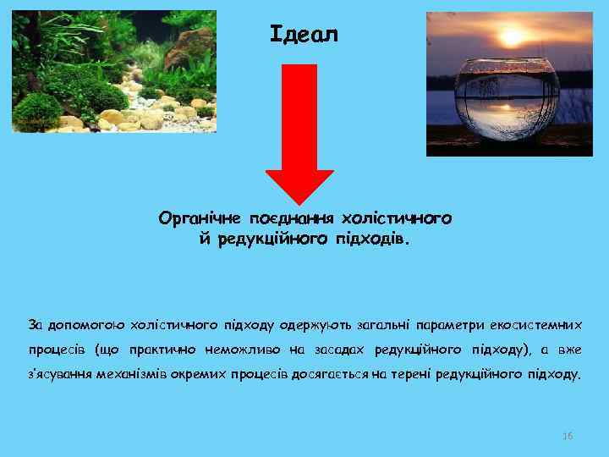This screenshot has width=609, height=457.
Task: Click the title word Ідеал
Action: click(x=304, y=35)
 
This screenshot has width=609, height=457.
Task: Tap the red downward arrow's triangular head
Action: click(x=300, y=185)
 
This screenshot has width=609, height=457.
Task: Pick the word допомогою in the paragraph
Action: click(x=85, y=324)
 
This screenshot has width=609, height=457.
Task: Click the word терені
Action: click(x=409, y=373)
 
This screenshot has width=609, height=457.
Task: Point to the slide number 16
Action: click(x=568, y=436)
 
